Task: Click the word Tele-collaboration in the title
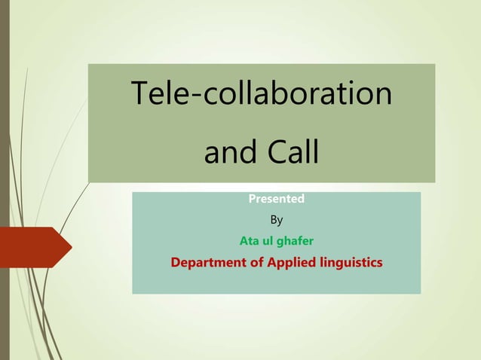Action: pyautogui.click(x=262, y=93)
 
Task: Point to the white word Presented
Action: pyautogui.click(x=276, y=200)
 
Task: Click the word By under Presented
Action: pyautogui.click(x=276, y=221)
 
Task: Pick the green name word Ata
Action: pyautogui.click(x=250, y=242)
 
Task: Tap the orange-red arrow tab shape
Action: pyautogui.click(x=34, y=247)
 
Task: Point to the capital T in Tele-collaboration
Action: pyautogui.click(x=139, y=93)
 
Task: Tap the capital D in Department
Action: pyautogui.click(x=176, y=263)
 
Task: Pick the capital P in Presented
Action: pyautogui.click(x=253, y=200)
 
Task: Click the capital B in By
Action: pyautogui.click(x=273, y=221)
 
